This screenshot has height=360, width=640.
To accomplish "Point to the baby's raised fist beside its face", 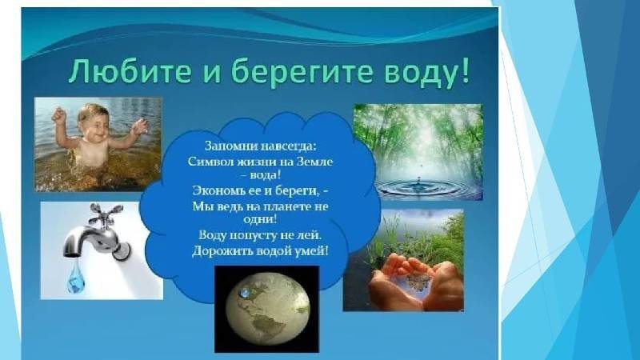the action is pos(59,115).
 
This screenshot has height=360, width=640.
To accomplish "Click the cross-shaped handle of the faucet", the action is pos(106,215).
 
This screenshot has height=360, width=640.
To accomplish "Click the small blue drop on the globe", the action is pos(246,291).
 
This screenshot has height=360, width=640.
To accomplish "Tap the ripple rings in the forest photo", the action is pos(419,187).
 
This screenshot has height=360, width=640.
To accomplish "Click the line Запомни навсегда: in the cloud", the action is pos(261,146).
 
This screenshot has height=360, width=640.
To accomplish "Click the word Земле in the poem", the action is pos(314,162).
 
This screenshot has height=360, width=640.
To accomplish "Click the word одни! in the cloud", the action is pos(261,219).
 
